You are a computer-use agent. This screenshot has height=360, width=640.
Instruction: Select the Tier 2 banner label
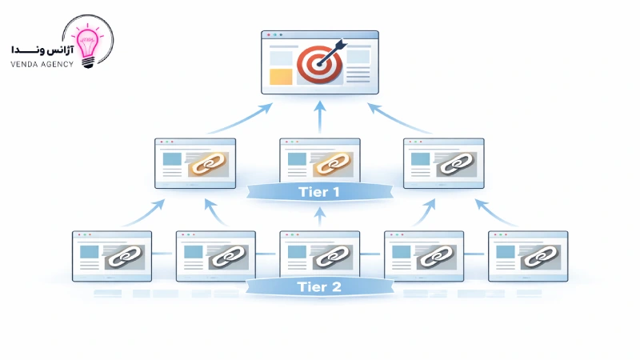[x=319, y=286]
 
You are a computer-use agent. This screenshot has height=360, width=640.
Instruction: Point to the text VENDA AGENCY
[x=42, y=64]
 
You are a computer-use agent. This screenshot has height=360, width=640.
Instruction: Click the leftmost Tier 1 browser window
[x=195, y=163]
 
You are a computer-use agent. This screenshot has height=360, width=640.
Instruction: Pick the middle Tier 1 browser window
[x=319, y=163]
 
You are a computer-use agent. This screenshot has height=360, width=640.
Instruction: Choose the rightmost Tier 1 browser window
[x=443, y=163]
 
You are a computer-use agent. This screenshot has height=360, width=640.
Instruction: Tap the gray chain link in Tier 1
[x=455, y=164]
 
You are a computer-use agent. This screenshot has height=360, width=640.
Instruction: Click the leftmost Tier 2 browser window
[x=112, y=256]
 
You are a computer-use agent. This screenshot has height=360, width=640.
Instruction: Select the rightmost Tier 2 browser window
[x=528, y=256]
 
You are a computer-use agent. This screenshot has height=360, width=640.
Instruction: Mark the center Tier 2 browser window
[x=319, y=256]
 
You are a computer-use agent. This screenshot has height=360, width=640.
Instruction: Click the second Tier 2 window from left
[x=215, y=256]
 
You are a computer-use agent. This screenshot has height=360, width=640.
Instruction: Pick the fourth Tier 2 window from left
[x=424, y=256]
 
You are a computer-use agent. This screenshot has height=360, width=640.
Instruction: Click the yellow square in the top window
[x=281, y=77]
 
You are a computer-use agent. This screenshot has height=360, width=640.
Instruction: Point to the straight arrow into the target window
[x=320, y=116]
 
